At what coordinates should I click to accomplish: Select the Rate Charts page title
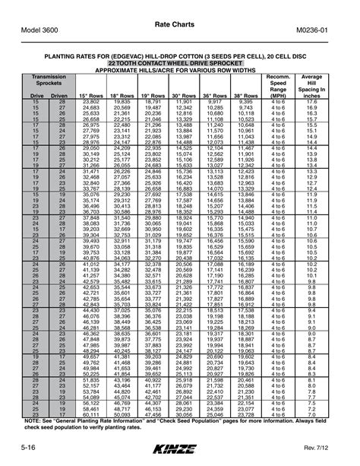(180, 24)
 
